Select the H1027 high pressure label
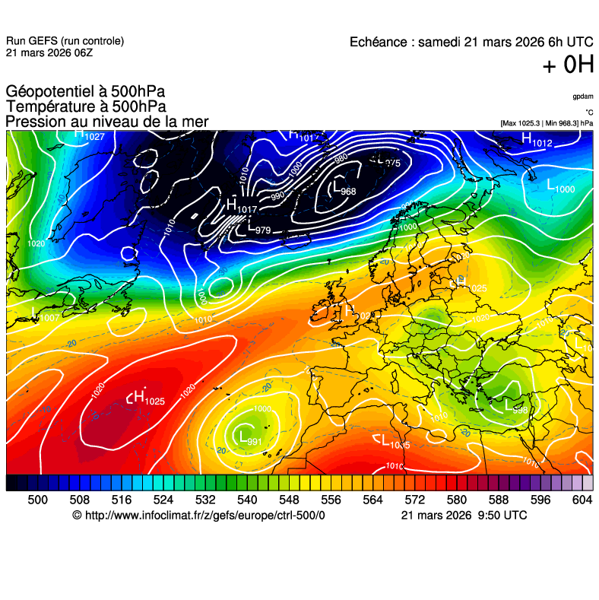[89, 135]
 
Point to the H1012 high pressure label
[537, 140]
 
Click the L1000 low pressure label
[561, 186]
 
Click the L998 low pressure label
[512, 408]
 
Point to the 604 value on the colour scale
[582, 500]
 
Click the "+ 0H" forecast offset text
[568, 65]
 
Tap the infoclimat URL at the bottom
[198, 515]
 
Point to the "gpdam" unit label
[583, 97]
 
